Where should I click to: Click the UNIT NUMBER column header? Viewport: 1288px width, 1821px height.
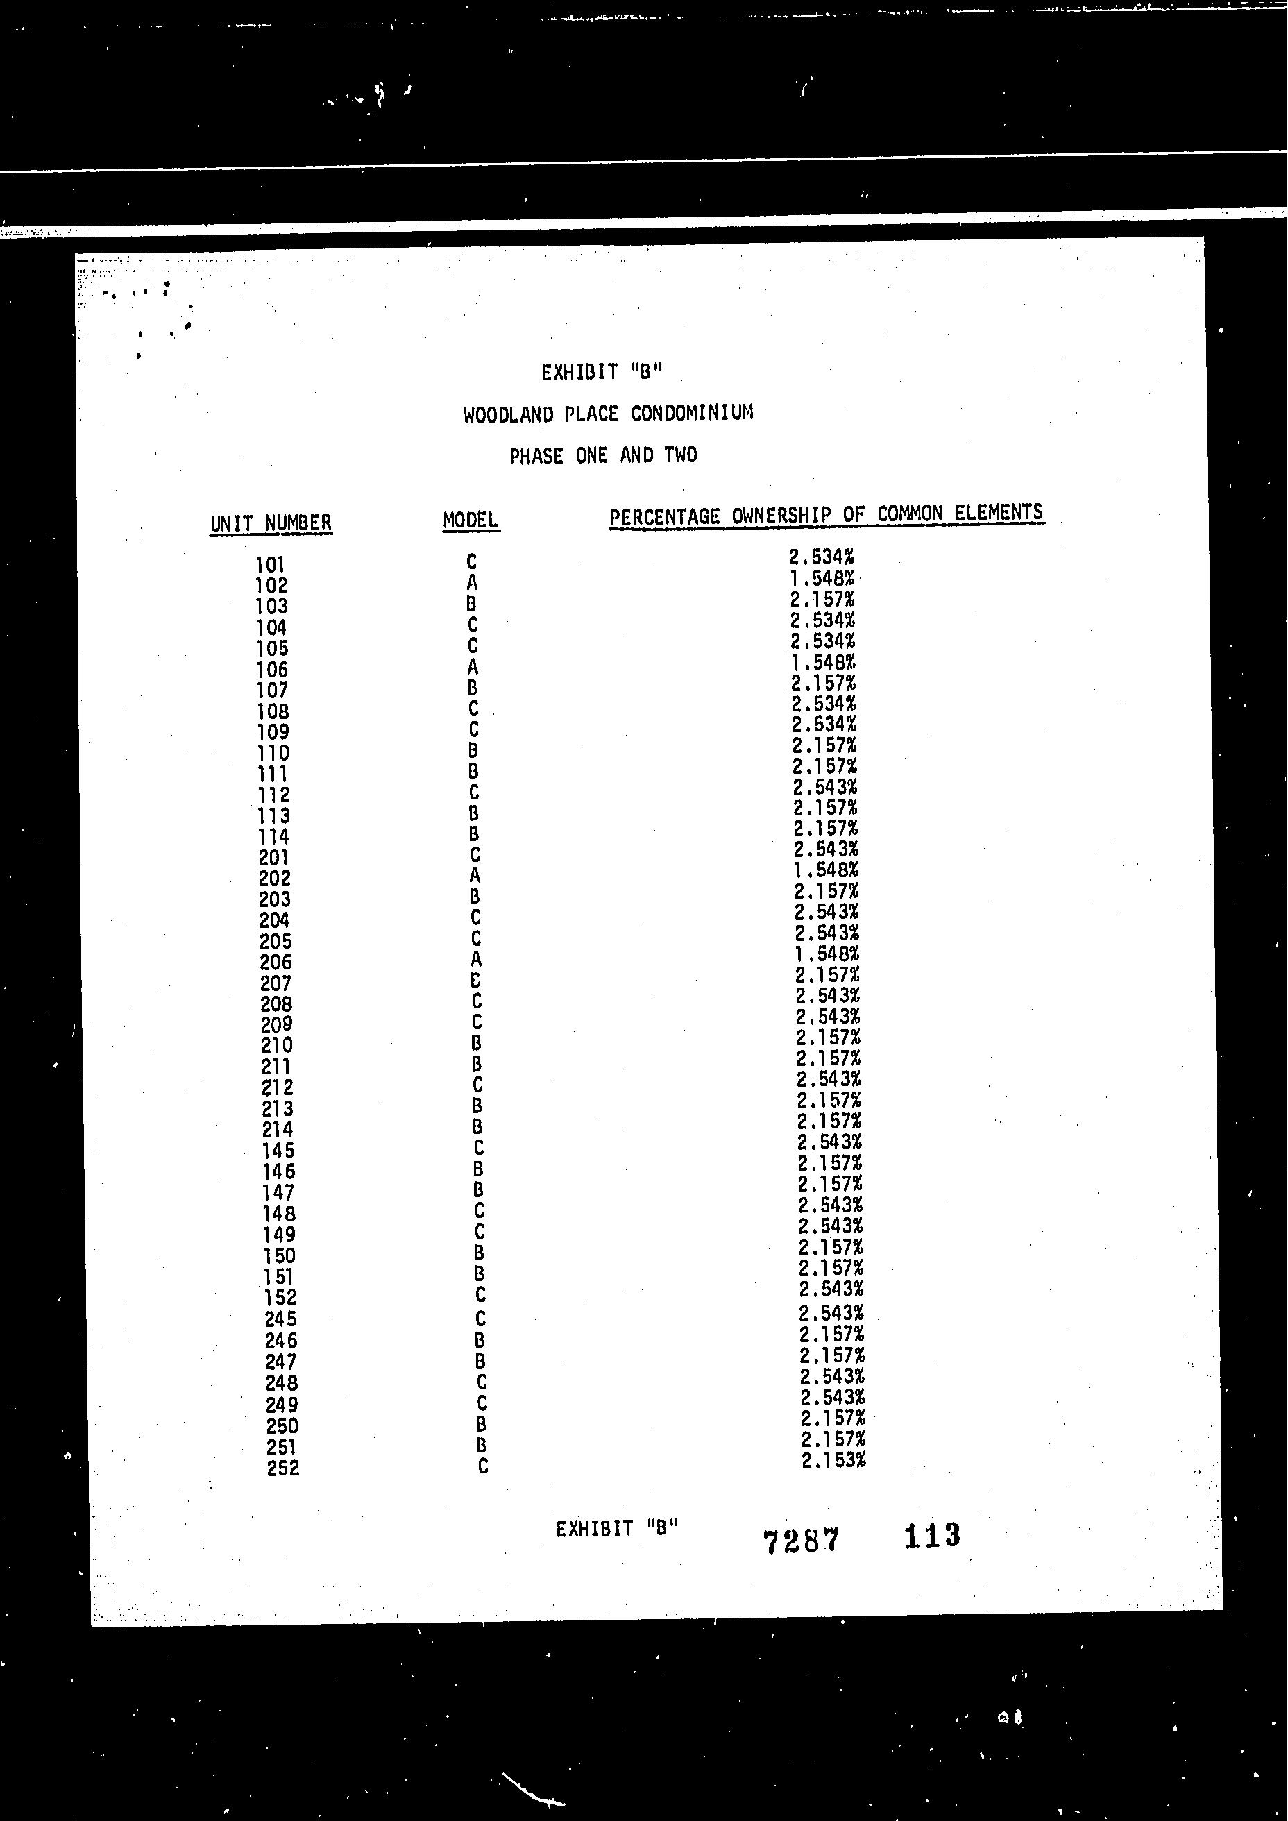tap(271, 523)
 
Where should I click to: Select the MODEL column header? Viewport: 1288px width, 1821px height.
tap(471, 520)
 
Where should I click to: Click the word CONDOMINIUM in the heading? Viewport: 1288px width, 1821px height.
tap(692, 413)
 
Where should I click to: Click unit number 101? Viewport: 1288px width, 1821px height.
tap(270, 565)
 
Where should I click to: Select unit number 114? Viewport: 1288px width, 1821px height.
tap(273, 837)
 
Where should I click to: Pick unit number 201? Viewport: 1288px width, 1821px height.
tap(273, 857)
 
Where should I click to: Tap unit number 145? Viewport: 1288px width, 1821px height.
tap(278, 1151)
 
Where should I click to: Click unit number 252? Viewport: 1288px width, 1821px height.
tap(283, 1468)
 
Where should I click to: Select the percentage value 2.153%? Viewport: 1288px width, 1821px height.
tap(833, 1459)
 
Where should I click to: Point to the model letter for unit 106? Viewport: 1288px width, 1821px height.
tap(473, 666)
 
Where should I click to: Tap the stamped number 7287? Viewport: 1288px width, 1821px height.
tap(800, 1541)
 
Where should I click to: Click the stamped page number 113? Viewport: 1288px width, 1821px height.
tap(932, 1536)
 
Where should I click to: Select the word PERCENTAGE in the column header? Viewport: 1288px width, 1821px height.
tap(666, 517)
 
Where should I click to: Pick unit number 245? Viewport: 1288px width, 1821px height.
tap(281, 1319)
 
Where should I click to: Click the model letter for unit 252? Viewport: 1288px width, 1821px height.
tap(483, 1466)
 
